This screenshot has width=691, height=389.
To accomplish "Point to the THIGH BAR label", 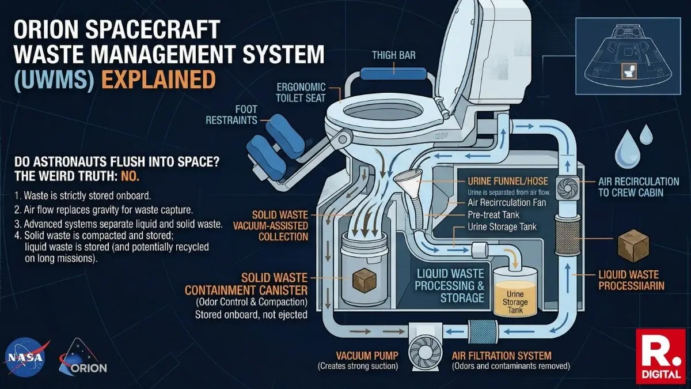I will tap(393, 55).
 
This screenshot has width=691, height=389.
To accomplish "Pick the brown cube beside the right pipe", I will tap(632, 246).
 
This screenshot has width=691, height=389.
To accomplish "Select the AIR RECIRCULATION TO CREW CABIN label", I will tap(639, 187).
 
